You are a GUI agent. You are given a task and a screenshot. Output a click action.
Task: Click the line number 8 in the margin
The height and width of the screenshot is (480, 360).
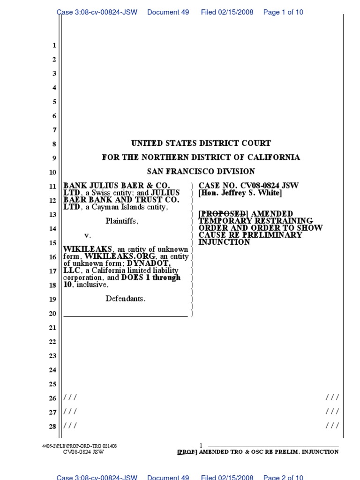coord(54,144)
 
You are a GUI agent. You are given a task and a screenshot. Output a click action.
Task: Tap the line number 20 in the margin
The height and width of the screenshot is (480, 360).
coord(52,314)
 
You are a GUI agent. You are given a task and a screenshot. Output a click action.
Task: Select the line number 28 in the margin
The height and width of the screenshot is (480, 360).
coord(52,427)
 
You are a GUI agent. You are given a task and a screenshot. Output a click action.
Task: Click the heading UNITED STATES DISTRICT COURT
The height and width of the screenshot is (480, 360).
coord(201,143)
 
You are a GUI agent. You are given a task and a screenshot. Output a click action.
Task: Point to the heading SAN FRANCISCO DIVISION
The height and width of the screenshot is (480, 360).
coord(201,172)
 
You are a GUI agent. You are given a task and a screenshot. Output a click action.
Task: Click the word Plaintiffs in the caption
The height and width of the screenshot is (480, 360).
coord(122,221)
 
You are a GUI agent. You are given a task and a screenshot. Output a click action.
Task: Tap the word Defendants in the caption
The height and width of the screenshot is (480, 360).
coord(125,299)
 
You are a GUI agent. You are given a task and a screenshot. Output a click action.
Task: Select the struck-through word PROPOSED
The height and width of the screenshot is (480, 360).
coord(223,214)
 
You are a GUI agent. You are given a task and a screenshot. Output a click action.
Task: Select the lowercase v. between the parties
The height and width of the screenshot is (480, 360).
coord(87,235)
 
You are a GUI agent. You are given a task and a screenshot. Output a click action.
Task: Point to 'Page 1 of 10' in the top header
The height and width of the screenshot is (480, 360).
coord(283,12)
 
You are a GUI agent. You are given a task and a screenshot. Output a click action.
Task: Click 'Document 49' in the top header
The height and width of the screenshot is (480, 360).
coord(168,12)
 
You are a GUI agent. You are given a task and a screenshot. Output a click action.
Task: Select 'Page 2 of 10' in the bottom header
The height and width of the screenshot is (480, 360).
coord(283,477)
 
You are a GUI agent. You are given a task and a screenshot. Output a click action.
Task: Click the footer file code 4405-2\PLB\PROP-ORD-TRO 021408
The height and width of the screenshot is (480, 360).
coord(79,446)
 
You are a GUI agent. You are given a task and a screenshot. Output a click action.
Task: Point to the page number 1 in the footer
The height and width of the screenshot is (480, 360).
coord(201,445)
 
